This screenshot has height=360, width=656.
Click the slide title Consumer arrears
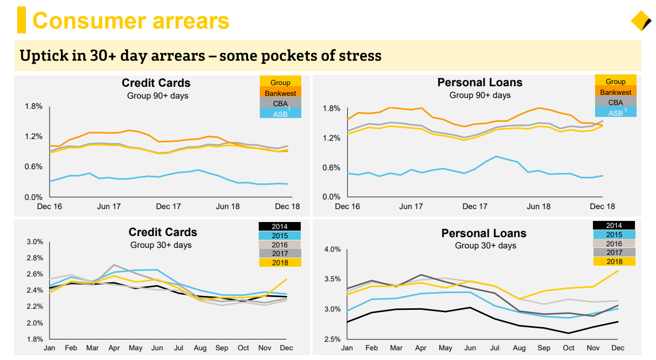coord(130,20)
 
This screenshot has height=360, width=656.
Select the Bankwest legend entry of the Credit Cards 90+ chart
coord(280,93)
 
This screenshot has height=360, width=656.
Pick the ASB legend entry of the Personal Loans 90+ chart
coord(615,113)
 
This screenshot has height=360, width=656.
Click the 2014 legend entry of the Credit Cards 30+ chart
coord(280,226)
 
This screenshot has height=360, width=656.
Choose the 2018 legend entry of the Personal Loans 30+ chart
coord(614,262)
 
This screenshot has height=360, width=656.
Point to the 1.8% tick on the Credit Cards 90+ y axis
coord(33,106)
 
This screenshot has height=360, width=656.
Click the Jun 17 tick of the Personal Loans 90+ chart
coord(411,206)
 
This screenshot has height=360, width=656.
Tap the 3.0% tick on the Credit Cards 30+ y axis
coord(34,242)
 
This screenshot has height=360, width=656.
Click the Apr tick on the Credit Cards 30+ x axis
coord(114,348)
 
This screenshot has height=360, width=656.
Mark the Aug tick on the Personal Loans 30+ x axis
coord(519,348)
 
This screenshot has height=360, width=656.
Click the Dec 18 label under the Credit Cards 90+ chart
coord(288,206)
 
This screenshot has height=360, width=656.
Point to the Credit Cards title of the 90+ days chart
coord(156,83)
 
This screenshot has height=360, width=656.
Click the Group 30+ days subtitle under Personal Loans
coord(485,246)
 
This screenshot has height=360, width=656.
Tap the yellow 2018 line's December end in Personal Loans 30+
coord(618,271)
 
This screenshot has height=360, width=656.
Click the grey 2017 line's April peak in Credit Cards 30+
coord(114,265)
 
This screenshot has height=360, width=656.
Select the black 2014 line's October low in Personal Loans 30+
coord(569,333)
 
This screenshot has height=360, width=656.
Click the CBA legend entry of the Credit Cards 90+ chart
coord(280,103)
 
